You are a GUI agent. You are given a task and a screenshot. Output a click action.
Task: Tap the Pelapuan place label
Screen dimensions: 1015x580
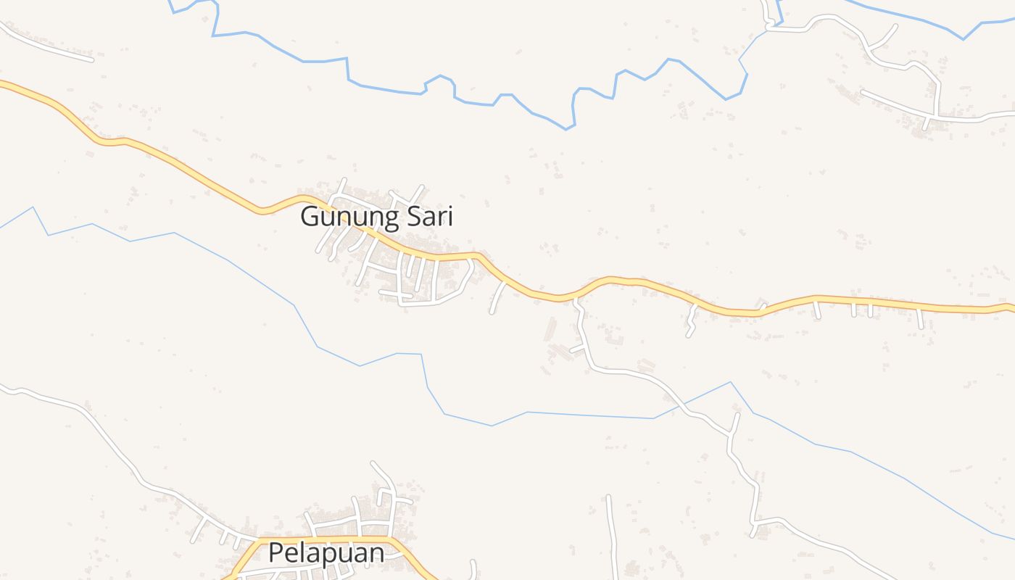326,553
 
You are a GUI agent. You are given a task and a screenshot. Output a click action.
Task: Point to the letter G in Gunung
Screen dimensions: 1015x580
310,217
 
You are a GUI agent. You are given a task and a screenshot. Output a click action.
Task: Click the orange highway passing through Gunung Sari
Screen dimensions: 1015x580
181,165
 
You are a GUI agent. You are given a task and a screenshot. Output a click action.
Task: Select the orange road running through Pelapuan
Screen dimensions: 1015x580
326,539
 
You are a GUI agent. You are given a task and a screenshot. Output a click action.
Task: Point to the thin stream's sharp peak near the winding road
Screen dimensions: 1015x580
730,382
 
